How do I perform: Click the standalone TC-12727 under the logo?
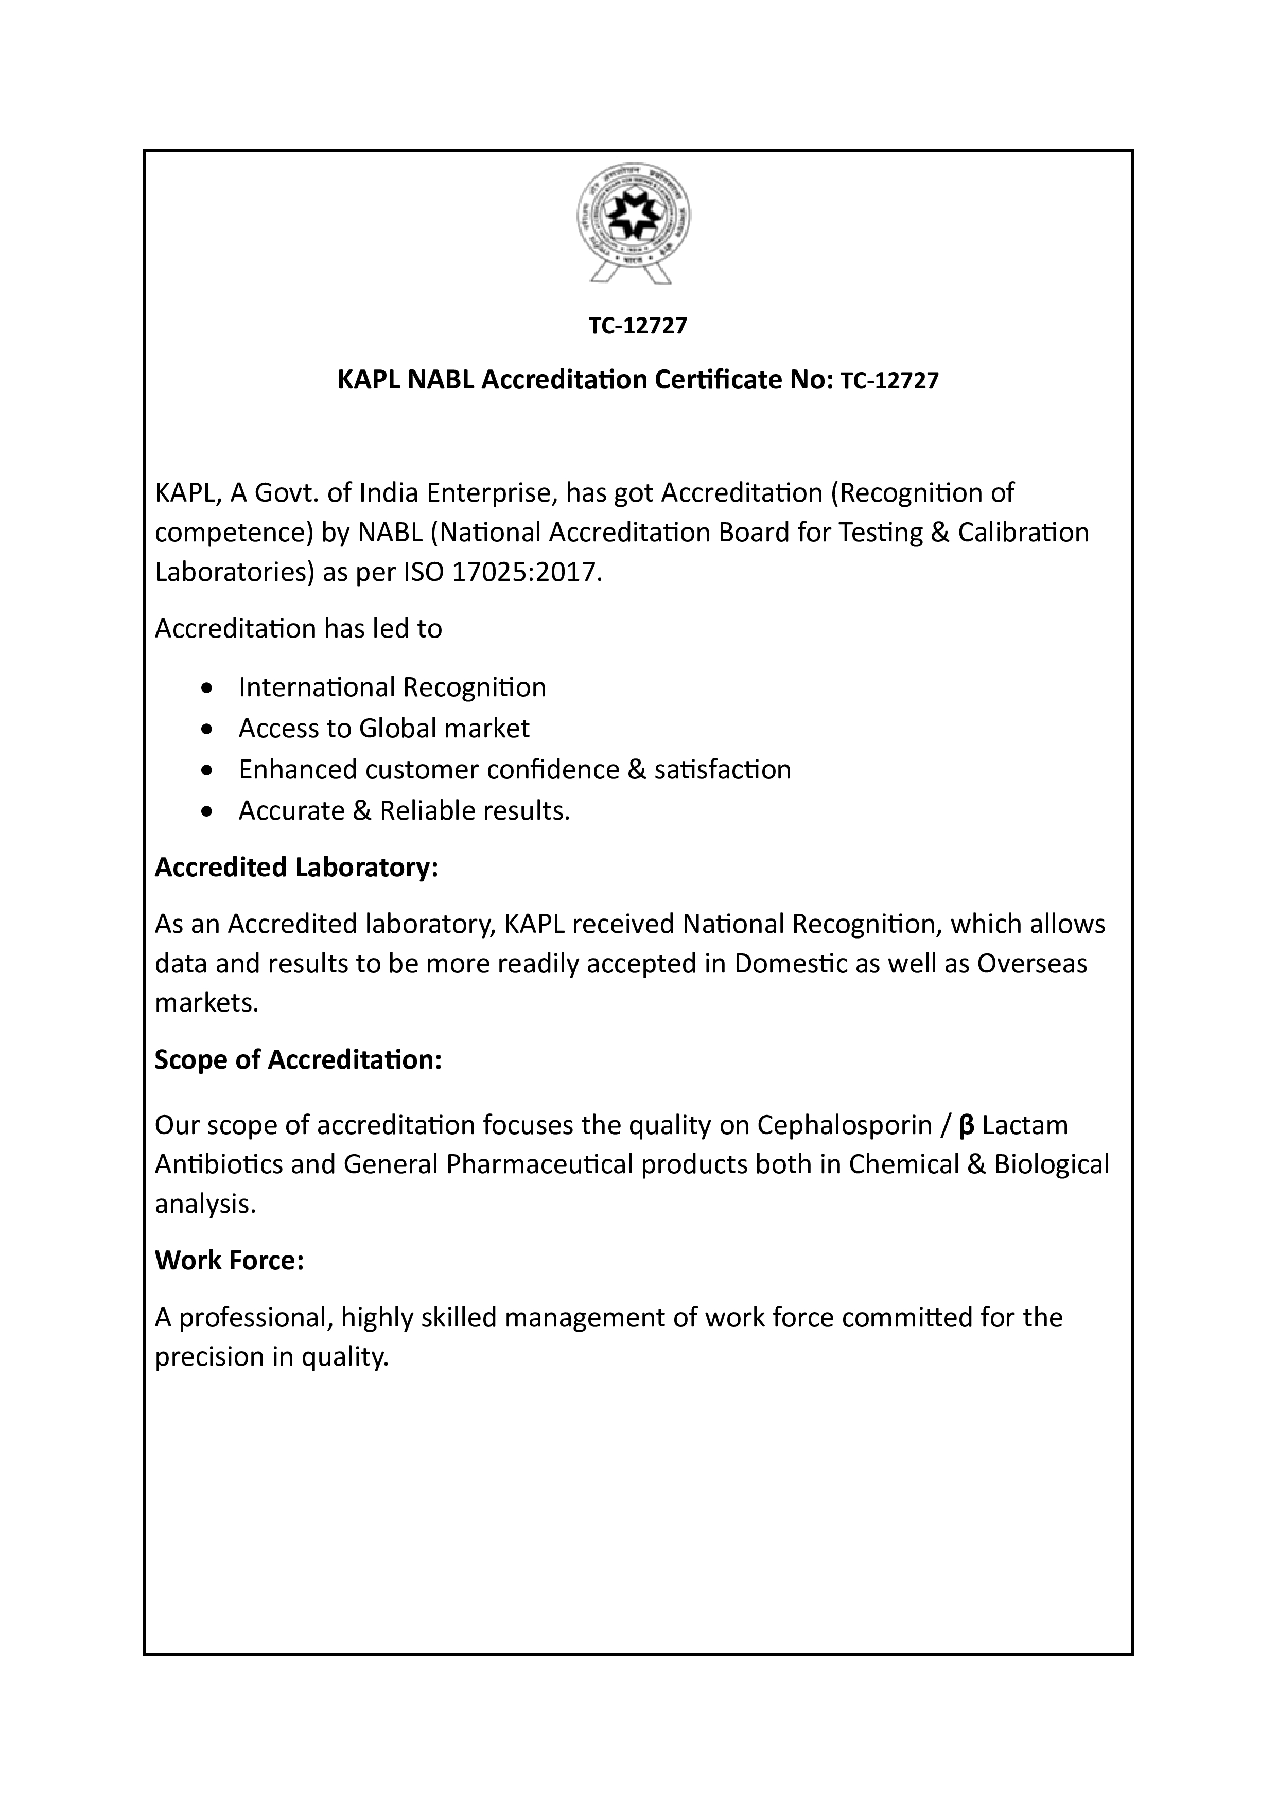tap(638, 326)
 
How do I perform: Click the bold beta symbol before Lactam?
tap(967, 1126)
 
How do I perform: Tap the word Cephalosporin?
tap(844, 1126)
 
